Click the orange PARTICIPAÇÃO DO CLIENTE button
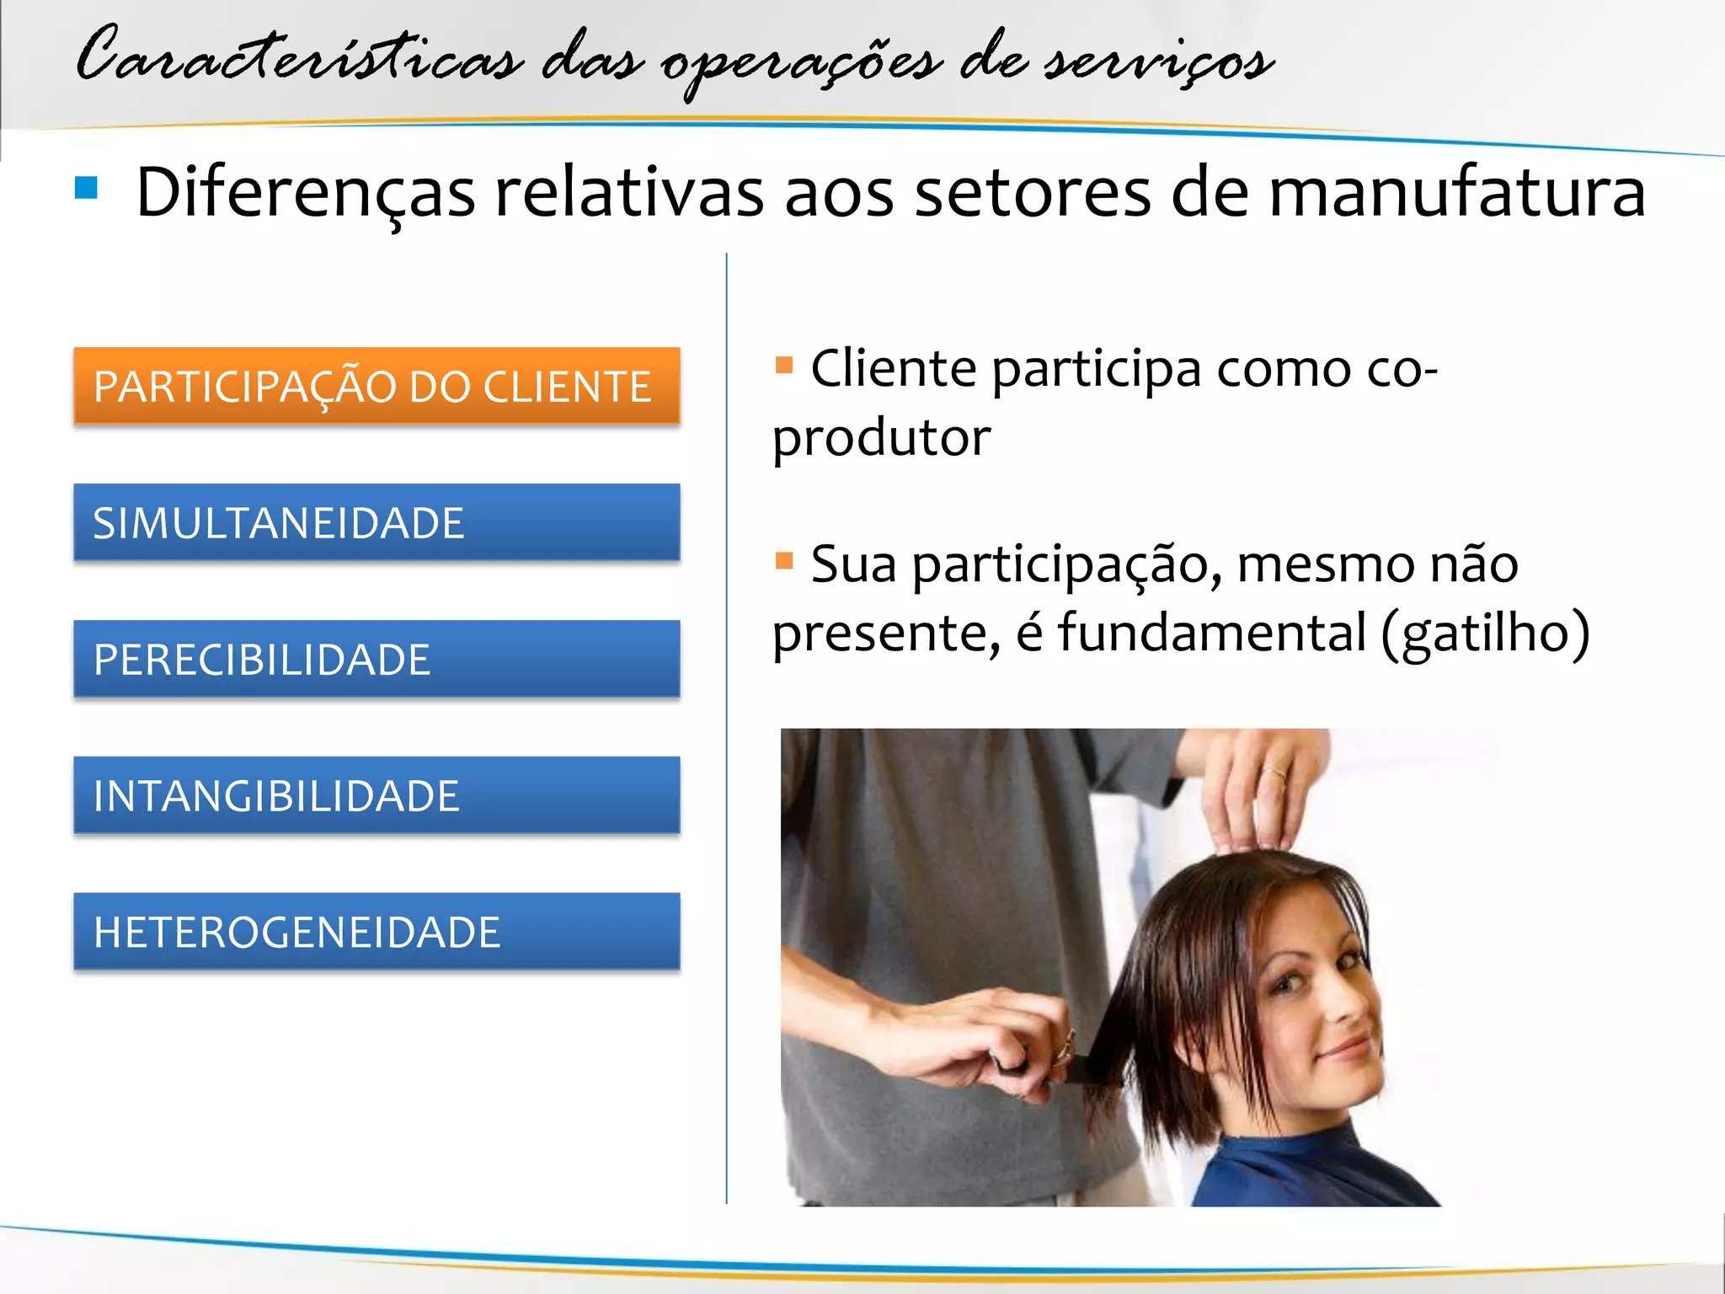pyautogui.click(x=377, y=386)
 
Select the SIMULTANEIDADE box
pyautogui.click(x=377, y=522)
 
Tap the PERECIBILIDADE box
pyautogui.click(x=377, y=659)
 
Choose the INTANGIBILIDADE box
pyautogui.click(x=377, y=795)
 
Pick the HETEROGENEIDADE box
pyautogui.click(x=377, y=932)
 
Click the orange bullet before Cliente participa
pyautogui.click(x=784, y=365)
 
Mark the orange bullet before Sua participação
pyautogui.click(x=784, y=560)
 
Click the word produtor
pyautogui.click(x=881, y=438)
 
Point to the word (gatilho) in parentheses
pyautogui.click(x=1486, y=633)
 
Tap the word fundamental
pyautogui.click(x=1211, y=633)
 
